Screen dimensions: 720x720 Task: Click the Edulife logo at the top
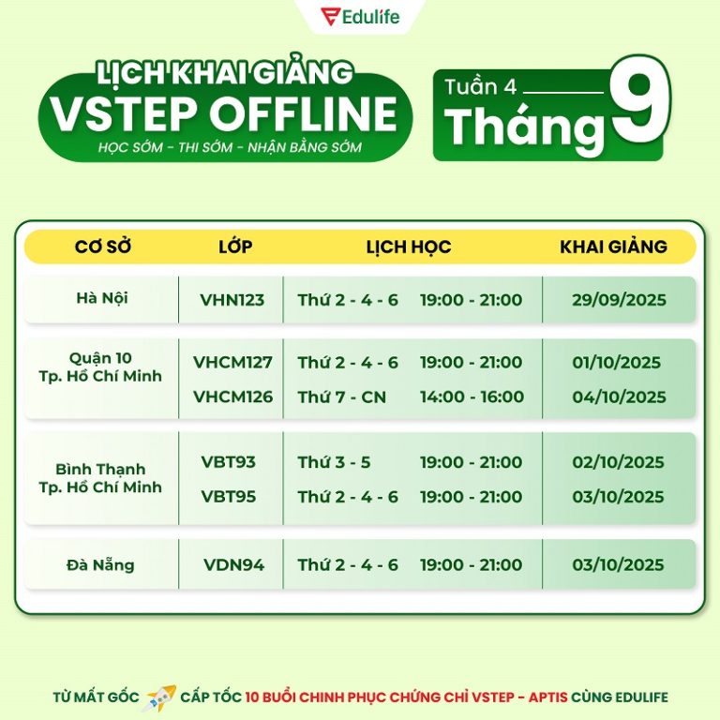(x=360, y=17)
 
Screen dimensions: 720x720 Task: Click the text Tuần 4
(x=480, y=87)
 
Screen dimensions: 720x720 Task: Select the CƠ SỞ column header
(x=103, y=247)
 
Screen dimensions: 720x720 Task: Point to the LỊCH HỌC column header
(x=409, y=247)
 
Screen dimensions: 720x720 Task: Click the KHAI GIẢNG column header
(x=613, y=247)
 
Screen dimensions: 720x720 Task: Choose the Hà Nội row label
(x=102, y=297)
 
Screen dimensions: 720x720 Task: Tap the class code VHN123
(x=232, y=300)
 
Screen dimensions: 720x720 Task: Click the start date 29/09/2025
(x=619, y=300)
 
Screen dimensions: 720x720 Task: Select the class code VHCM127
(x=232, y=362)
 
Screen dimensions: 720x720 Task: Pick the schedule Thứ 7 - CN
(x=341, y=397)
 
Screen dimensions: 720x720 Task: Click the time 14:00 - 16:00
(x=472, y=397)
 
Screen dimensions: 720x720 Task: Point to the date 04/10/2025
(x=619, y=397)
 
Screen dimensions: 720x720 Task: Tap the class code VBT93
(x=228, y=462)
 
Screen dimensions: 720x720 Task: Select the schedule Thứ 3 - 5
(x=334, y=462)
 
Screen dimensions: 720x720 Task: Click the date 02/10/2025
(x=618, y=462)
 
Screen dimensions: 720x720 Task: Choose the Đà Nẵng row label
(x=100, y=563)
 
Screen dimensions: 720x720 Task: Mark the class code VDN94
(x=233, y=564)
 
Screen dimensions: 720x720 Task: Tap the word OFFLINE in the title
(x=304, y=113)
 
